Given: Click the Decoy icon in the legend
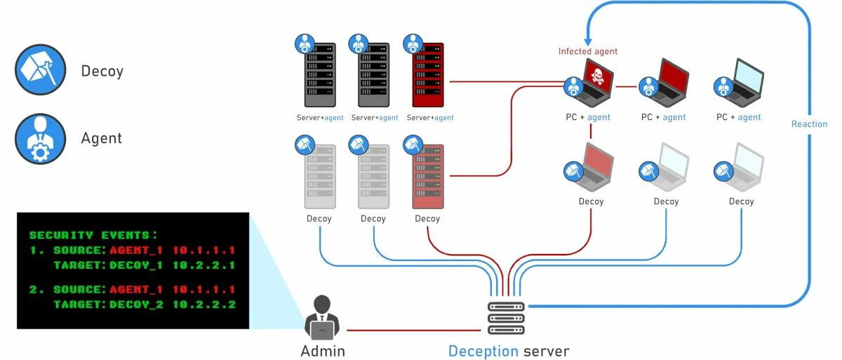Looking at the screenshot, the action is point(41,70).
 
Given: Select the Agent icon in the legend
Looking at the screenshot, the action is point(41,139).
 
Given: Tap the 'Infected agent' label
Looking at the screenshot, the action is point(587,51).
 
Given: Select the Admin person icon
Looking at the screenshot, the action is point(322,317).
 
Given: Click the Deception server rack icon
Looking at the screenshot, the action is point(506,319).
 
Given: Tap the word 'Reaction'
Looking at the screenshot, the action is point(809,124).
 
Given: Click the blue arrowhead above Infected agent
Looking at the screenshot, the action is point(588,41).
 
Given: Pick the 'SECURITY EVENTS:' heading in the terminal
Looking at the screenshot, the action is point(93,235).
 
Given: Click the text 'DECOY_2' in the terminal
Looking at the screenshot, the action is point(136,304).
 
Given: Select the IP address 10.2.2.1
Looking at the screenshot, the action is point(204,265).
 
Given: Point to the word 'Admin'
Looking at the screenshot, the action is point(323,351).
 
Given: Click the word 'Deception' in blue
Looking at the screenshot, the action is point(483,352).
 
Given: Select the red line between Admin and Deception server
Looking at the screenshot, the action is point(414,331).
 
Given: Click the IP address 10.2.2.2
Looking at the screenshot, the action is point(204,304).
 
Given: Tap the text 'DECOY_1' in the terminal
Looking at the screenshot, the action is point(136,265).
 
